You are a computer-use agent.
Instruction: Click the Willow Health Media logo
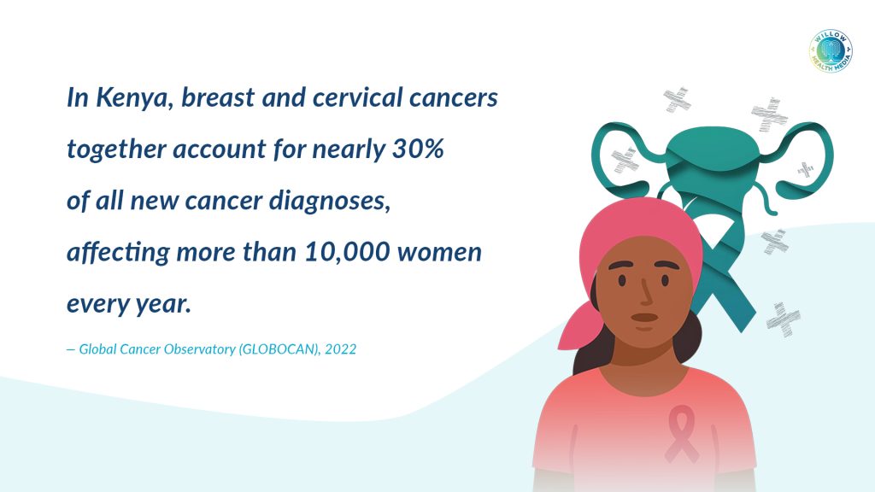[x=831, y=50]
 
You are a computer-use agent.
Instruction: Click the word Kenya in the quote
[x=132, y=98]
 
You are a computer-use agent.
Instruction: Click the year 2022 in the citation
[x=340, y=349]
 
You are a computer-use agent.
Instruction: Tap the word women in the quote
[x=439, y=253]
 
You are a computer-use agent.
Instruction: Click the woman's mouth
[x=644, y=319]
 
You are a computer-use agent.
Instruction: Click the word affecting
[x=118, y=253]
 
